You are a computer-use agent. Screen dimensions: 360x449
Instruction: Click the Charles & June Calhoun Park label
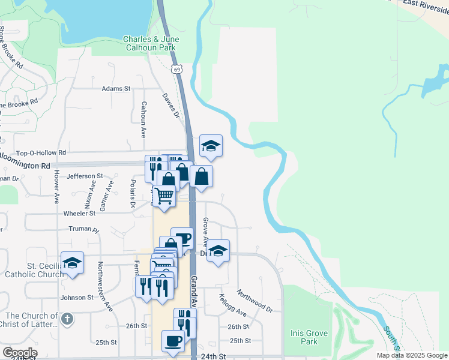(151, 44)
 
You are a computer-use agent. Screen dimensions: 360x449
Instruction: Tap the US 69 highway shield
(176, 70)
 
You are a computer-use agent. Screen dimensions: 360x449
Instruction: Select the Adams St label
(116, 89)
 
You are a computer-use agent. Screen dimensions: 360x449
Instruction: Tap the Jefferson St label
(81, 176)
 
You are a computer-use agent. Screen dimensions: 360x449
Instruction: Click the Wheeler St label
(79, 213)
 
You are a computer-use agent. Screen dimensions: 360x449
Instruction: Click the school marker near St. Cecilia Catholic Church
(72, 263)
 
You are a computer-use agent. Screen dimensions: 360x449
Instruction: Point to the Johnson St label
(77, 297)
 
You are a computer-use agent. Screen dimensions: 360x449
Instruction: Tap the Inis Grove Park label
(309, 337)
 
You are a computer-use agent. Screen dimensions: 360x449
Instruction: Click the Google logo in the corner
(19, 353)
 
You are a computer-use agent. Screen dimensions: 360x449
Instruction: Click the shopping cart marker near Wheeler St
(164, 194)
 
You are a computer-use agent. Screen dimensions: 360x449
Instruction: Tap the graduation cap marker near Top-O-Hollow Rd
(211, 145)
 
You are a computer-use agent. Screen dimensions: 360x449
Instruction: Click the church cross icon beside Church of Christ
(67, 319)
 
